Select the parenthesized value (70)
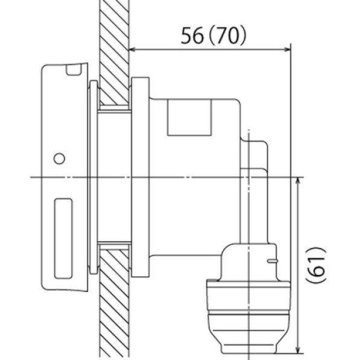[229, 36]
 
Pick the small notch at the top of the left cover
[74, 70]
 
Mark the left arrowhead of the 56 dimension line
[134, 49]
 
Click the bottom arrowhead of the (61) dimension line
[299, 349]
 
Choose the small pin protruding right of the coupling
[273, 261]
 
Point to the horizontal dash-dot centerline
[181, 177]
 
